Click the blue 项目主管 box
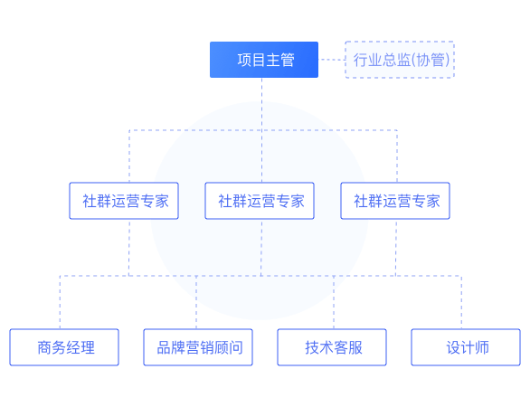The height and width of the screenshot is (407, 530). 264,60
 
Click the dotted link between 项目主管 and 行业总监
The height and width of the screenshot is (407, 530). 332,60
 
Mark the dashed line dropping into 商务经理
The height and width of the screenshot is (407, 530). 61,302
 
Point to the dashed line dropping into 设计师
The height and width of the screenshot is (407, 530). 461,302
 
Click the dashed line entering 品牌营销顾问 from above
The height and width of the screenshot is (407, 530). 196,302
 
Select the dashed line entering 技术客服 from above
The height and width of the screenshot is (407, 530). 334,302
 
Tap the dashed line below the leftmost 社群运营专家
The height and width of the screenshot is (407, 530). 129,248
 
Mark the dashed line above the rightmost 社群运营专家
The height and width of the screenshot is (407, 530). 397,156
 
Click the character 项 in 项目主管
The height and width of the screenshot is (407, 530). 244,61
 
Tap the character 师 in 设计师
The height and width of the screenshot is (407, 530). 482,347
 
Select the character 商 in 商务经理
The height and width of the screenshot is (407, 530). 44,347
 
